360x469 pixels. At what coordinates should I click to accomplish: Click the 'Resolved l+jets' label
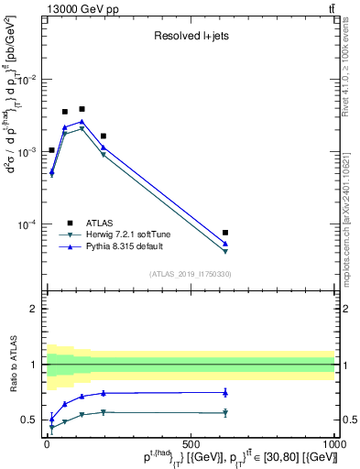(191, 38)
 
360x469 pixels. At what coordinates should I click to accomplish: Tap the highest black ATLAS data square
(82, 109)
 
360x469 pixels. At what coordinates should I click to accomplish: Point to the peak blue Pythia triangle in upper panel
(82, 121)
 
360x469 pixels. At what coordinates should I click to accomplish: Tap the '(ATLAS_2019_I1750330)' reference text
(191, 274)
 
